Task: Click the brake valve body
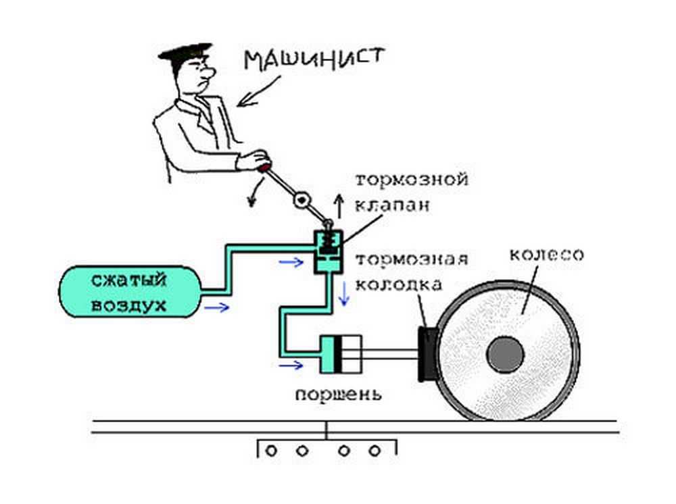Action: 328,252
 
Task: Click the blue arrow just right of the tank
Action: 217,308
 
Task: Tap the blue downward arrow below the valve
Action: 345,292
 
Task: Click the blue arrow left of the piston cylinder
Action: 291,366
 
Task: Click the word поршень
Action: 339,394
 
